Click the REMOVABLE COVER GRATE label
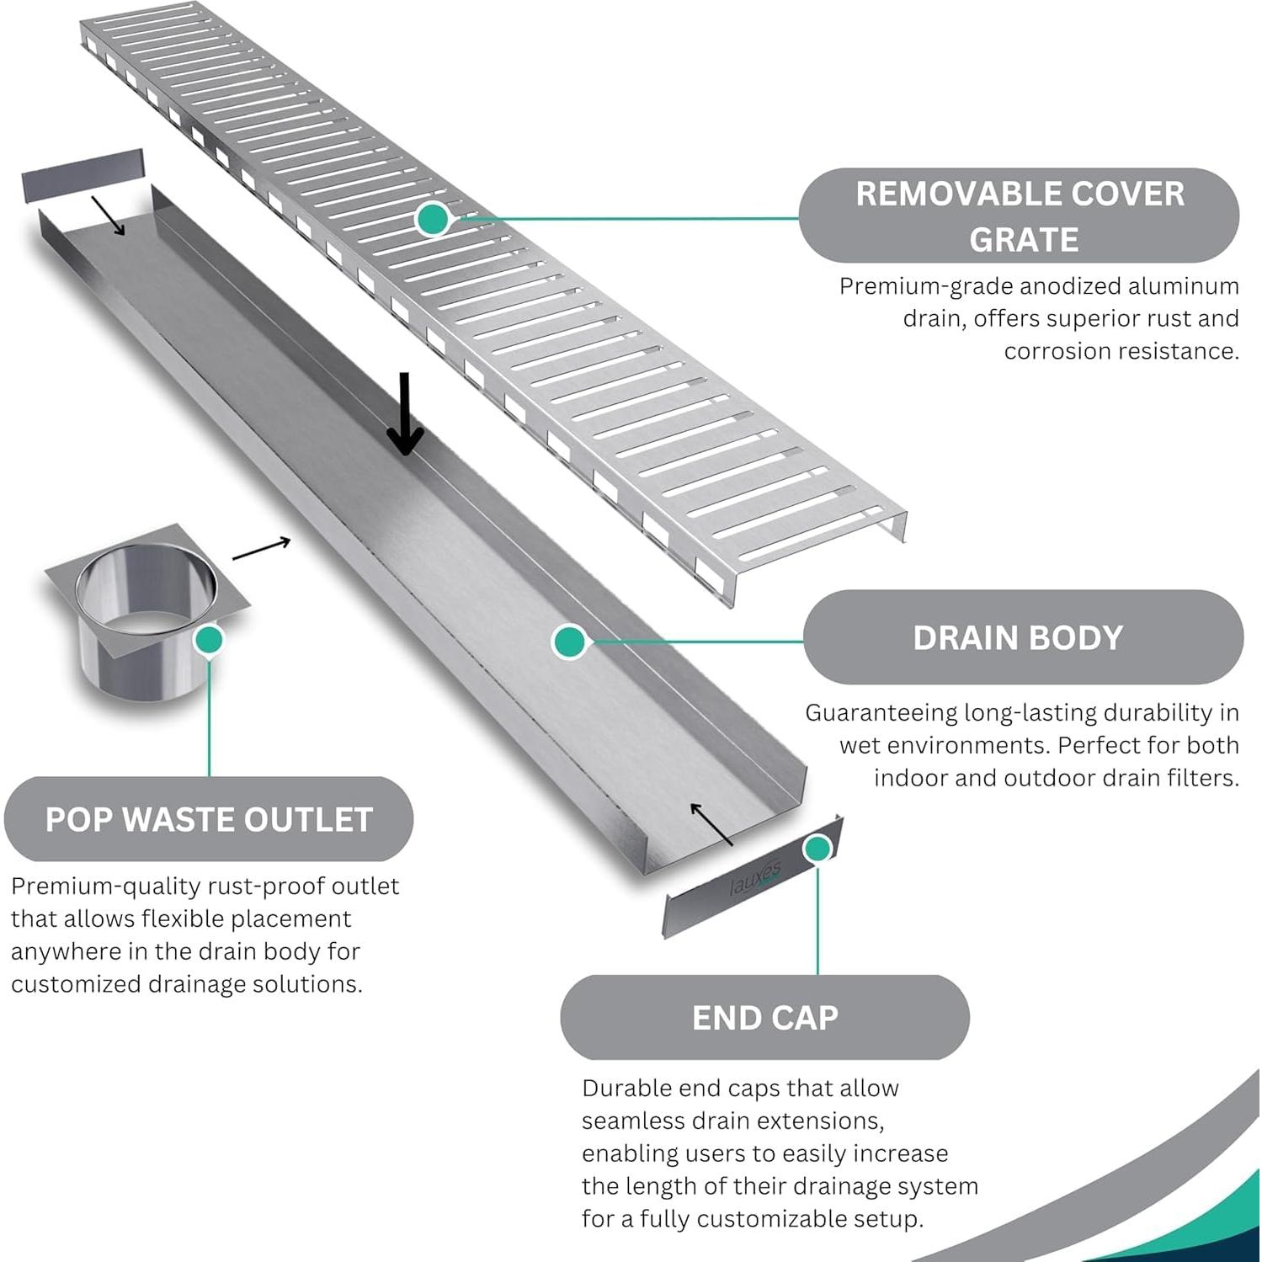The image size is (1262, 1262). coord(1019,216)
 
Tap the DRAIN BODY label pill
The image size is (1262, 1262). coord(1023,637)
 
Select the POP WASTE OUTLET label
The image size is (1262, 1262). coord(209,819)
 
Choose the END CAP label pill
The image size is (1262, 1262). coord(764,1017)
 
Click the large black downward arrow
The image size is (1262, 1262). coord(405,413)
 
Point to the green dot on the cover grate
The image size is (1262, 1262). coord(433,219)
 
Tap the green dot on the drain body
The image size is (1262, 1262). coord(570,642)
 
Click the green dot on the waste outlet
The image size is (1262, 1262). coord(208,640)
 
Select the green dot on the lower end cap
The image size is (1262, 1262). coord(817,849)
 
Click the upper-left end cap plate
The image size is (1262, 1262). coord(83,175)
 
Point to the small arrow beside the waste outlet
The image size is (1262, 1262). coord(261,549)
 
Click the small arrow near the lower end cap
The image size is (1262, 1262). coord(711,824)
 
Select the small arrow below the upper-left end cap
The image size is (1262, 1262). coord(108,216)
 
